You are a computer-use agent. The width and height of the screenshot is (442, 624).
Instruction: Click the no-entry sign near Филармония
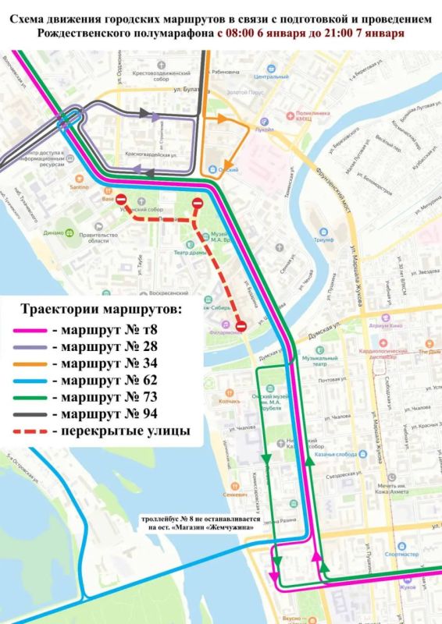click(x=242, y=324)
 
